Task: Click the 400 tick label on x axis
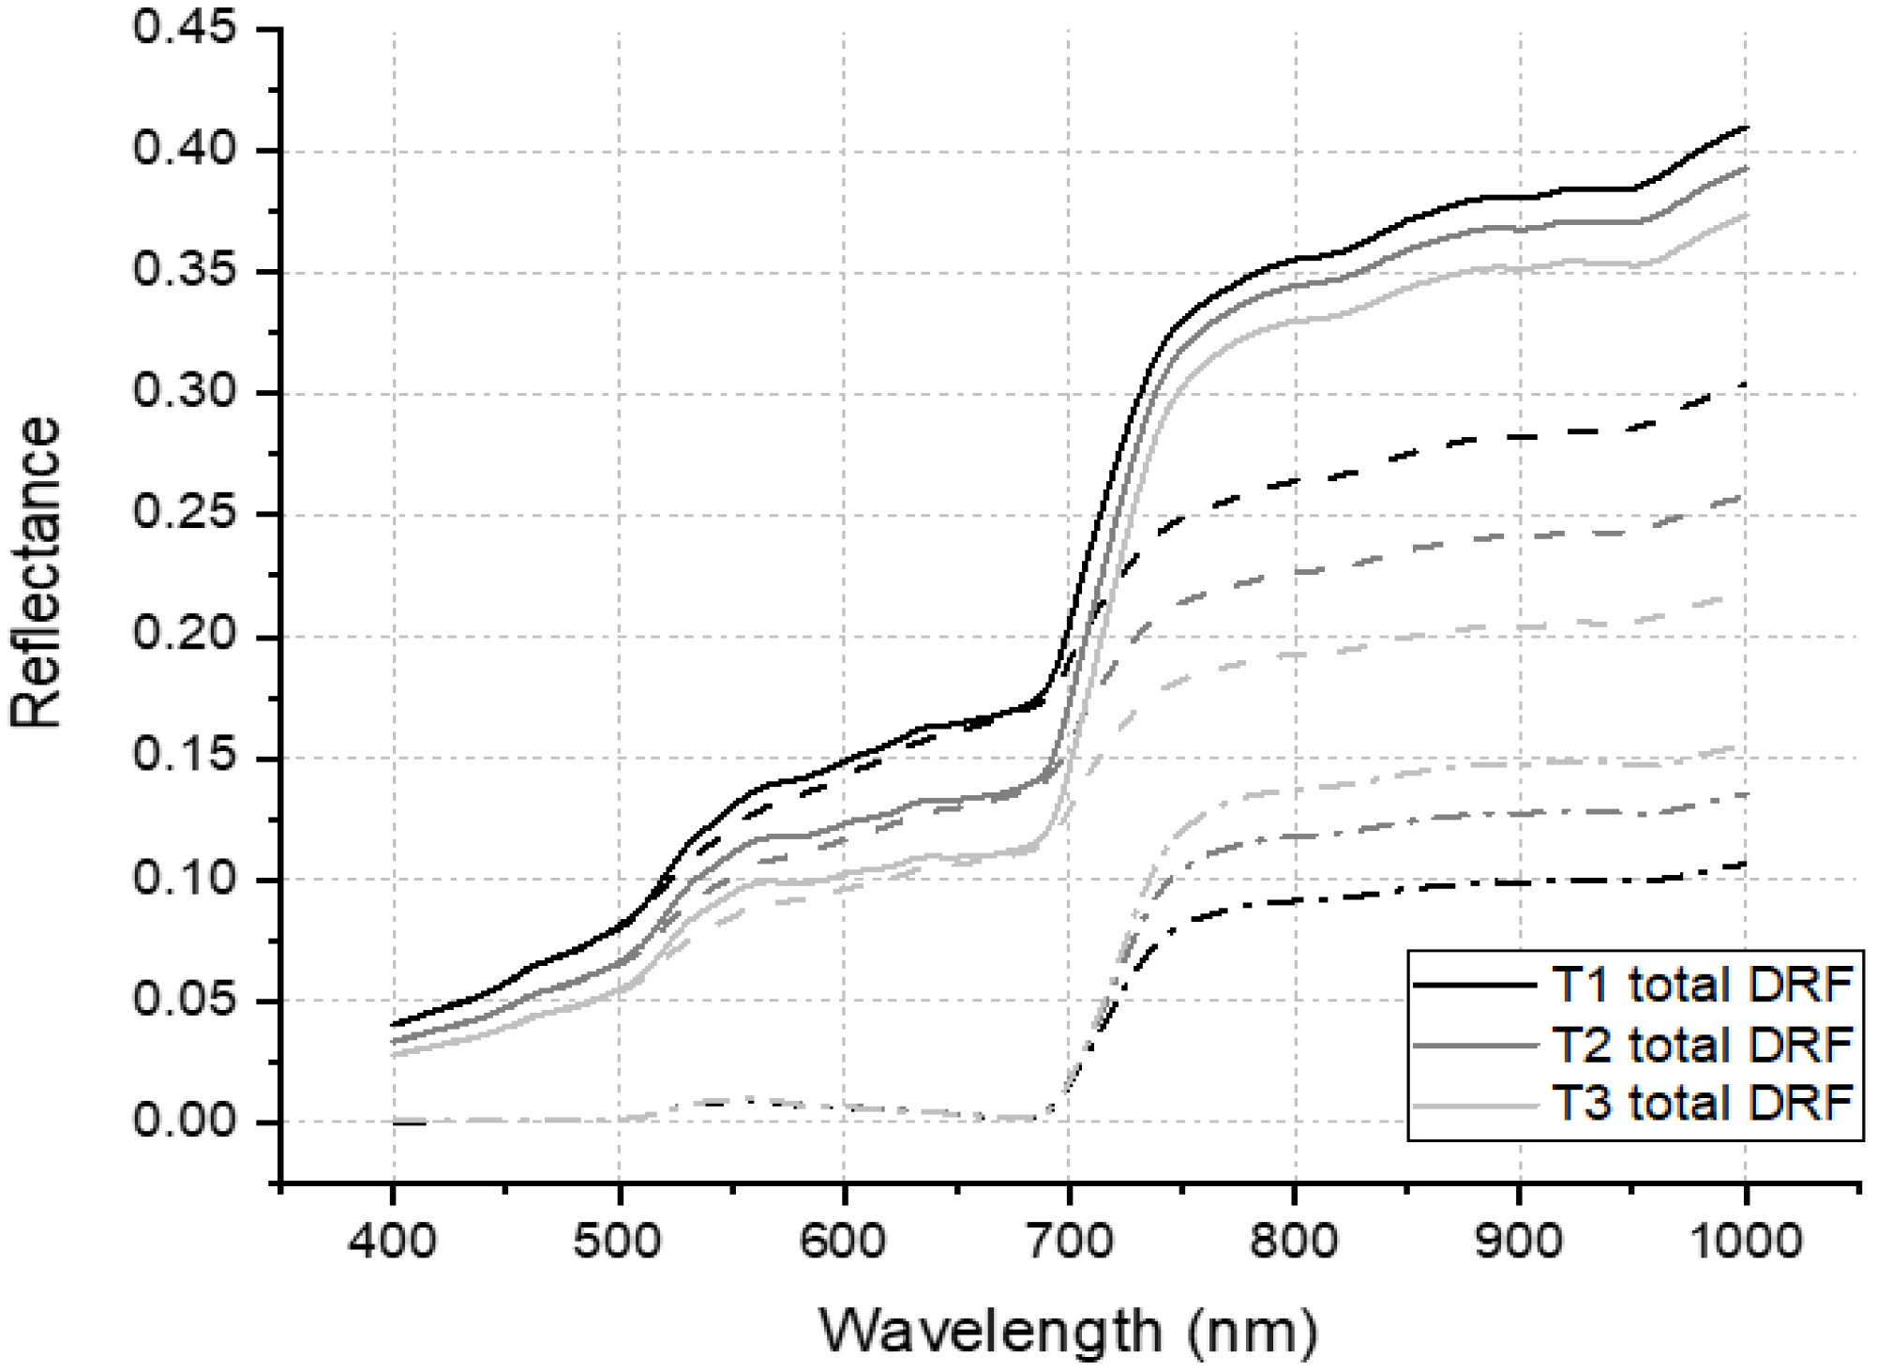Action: (393, 1242)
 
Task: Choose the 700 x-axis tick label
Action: (1069, 1242)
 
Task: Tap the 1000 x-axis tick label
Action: (1744, 1242)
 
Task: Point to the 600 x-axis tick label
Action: (844, 1242)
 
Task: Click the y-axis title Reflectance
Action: (36, 572)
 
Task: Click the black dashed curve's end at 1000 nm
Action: (1743, 384)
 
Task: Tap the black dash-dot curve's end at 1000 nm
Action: (1744, 864)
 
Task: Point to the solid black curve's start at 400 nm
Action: (394, 1024)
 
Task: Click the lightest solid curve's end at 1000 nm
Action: (1745, 215)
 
